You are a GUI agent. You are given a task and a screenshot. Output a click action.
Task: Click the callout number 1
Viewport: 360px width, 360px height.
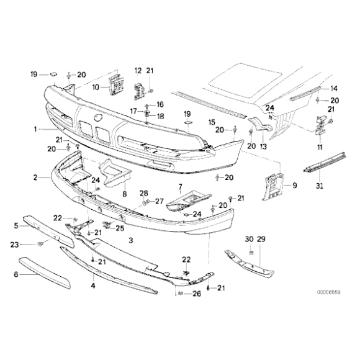point(35,130)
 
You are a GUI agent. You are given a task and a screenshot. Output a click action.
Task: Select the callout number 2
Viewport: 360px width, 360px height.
point(35,178)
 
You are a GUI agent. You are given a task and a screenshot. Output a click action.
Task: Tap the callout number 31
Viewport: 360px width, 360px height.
point(320,186)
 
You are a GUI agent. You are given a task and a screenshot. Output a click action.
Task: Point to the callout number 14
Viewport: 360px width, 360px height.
point(334,88)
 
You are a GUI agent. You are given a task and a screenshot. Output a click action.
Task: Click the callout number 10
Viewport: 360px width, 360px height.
point(96,88)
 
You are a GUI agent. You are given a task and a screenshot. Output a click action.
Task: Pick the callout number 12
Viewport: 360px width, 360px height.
point(138,71)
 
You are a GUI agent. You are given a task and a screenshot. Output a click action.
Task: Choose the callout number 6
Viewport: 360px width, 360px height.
point(16,274)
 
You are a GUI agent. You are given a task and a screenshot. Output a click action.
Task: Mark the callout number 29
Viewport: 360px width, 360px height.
point(261,239)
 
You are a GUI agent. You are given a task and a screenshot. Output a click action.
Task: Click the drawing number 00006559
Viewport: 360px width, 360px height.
point(329,292)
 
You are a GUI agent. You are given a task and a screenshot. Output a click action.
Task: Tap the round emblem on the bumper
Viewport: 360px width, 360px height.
point(97,118)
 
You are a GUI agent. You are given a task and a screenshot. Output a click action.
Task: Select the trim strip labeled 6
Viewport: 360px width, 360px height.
point(45,272)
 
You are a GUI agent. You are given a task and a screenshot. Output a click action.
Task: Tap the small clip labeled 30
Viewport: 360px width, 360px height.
point(251,253)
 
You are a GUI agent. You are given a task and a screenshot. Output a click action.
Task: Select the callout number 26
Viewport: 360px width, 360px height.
point(197,294)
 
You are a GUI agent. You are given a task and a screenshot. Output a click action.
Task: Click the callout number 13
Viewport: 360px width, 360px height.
point(263,146)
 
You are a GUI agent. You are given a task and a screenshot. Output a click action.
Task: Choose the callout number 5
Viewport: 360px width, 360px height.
point(16,226)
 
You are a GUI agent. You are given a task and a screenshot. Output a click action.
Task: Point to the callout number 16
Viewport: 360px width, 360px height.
point(160,104)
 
